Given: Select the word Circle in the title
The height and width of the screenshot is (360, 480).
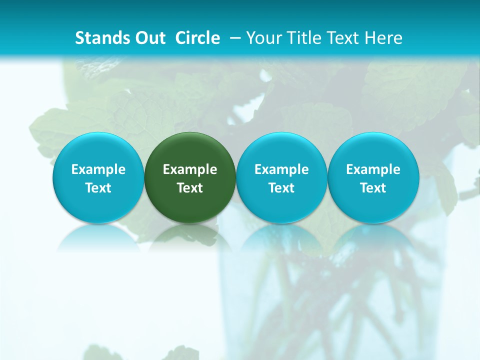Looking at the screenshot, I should (x=197, y=38).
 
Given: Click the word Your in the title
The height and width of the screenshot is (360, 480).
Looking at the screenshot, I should (x=262, y=38).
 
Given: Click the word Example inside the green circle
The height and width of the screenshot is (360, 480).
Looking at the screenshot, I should (x=190, y=169).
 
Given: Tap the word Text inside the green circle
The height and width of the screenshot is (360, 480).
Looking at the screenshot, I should (x=190, y=188).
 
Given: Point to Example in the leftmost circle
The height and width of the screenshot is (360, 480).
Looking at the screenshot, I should (x=98, y=169).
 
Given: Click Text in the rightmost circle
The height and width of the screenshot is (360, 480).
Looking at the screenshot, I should (x=373, y=188).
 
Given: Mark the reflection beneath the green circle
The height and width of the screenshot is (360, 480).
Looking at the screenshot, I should (x=190, y=237).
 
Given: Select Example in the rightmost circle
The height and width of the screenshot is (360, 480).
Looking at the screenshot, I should (x=373, y=169).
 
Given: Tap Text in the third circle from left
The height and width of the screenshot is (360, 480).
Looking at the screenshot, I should (x=281, y=188).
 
